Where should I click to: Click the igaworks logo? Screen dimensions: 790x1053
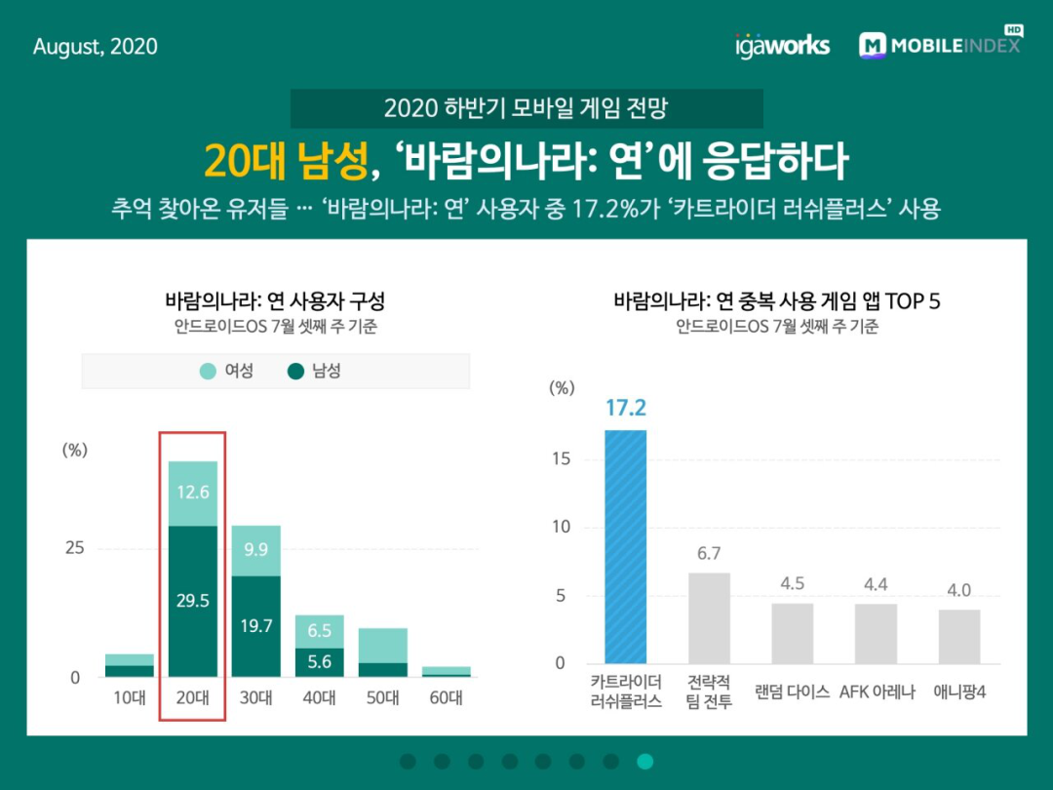click(782, 45)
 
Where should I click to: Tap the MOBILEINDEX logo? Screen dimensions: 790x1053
click(940, 45)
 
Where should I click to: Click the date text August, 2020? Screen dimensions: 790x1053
click(95, 47)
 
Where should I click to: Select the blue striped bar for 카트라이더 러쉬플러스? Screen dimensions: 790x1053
click(625, 546)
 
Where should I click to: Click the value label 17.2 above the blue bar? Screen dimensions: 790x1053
click(625, 408)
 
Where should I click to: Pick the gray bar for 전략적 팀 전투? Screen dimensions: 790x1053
click(709, 617)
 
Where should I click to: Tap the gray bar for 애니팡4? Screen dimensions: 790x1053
click(959, 636)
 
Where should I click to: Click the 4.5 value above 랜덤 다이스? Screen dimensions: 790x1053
click(793, 583)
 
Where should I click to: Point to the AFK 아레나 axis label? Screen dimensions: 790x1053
click(877, 692)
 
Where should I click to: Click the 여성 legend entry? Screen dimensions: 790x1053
click(227, 371)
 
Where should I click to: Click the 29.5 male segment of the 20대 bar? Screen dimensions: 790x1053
click(193, 601)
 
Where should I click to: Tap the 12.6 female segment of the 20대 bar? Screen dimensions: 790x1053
click(193, 493)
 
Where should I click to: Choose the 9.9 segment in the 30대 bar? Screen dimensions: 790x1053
click(255, 550)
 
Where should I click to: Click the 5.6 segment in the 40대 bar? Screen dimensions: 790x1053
click(319, 661)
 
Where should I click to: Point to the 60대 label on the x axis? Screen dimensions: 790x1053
click(446, 698)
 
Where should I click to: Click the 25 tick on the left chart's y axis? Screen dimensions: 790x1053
click(75, 548)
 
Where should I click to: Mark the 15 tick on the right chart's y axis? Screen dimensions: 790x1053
click(558, 459)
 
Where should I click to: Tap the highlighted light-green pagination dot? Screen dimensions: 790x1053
click(644, 762)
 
